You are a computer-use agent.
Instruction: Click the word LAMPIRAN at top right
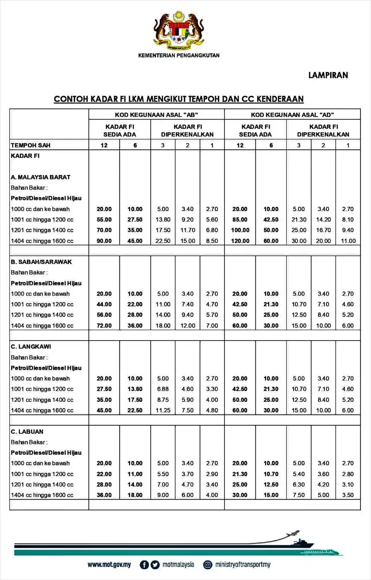[x=328, y=75]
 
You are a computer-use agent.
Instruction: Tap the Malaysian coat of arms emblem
[x=179, y=31]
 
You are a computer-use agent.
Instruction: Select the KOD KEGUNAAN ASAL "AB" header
[x=156, y=115]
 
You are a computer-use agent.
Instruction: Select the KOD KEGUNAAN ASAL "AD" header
[x=292, y=115]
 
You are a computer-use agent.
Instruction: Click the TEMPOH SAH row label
[x=31, y=145]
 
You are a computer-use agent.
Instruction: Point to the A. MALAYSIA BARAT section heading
[x=41, y=177]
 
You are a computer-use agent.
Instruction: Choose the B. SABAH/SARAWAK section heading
[x=41, y=262]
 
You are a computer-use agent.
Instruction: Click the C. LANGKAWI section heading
[x=31, y=347]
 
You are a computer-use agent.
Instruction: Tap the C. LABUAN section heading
[x=27, y=431]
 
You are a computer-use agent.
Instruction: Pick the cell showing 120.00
[x=240, y=241]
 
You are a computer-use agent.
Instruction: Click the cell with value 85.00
[x=240, y=219]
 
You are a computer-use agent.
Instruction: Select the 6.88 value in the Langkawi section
[x=163, y=389]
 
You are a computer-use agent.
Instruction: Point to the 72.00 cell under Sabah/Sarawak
[x=104, y=326]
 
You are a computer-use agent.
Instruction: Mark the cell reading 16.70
[x=323, y=230]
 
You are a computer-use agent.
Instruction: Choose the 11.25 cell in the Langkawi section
[x=163, y=410]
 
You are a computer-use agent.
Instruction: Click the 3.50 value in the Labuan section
[x=348, y=495]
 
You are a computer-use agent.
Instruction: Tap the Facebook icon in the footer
[x=144, y=565]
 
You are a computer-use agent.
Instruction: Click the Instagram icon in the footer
[x=208, y=565]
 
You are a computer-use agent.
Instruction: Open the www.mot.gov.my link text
[x=109, y=565]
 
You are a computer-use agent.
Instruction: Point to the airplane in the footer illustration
[x=292, y=533]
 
